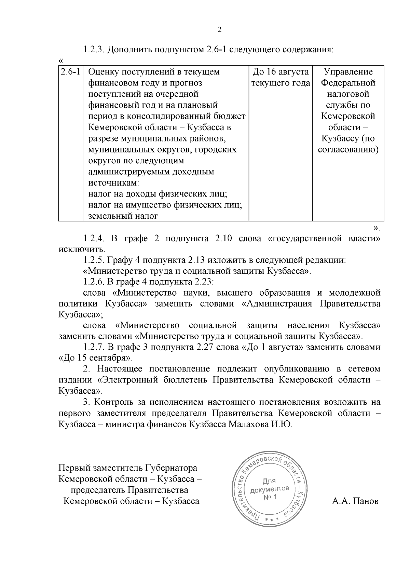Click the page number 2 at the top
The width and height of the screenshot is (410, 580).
pos(220,30)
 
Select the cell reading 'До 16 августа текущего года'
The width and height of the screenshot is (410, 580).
pos(280,78)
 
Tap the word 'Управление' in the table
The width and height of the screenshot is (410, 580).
pos(348,72)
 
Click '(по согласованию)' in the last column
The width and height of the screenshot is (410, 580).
pos(348,144)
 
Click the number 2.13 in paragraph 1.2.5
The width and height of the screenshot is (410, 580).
pos(196,260)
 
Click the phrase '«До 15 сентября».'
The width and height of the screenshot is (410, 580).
pos(96,359)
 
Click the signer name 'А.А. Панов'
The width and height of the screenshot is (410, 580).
pos(355,501)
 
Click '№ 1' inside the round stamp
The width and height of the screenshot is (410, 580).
pos(270,497)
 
